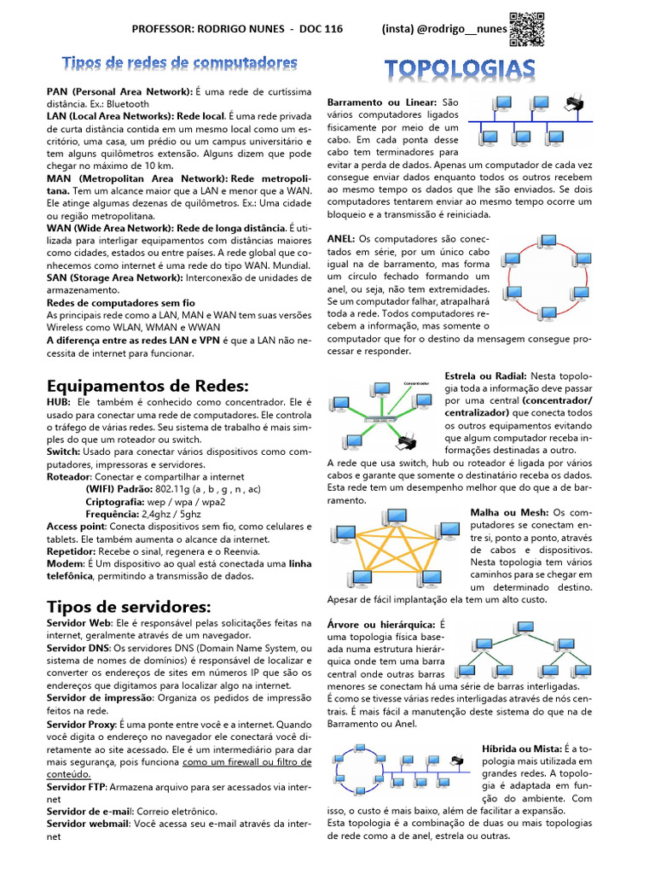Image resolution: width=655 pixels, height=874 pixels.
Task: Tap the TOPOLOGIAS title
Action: [x=461, y=69]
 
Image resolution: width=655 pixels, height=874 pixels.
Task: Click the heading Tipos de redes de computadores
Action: [x=180, y=63]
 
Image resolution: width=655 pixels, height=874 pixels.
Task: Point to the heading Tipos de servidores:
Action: [x=128, y=607]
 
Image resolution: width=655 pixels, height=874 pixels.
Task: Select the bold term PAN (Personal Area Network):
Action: [x=119, y=91]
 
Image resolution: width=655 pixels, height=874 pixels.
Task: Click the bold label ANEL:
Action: [x=341, y=239]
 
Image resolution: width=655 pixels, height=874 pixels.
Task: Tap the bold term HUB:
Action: [x=59, y=401]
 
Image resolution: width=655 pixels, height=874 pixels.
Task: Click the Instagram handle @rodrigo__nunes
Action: [x=443, y=29]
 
